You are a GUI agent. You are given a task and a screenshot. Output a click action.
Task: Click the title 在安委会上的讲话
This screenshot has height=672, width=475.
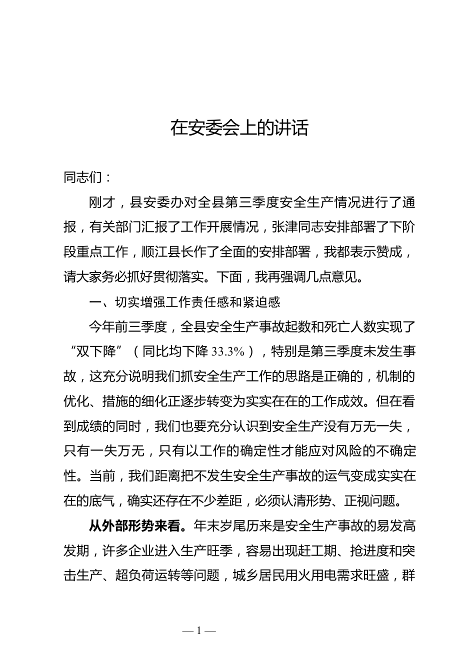[x=239, y=128]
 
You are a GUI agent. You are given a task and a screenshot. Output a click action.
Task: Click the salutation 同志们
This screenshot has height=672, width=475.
[x=83, y=178]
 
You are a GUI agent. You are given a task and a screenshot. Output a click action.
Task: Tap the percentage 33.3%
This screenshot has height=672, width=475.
[x=228, y=352]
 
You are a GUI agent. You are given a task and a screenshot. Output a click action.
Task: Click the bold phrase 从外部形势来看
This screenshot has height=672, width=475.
[x=138, y=526]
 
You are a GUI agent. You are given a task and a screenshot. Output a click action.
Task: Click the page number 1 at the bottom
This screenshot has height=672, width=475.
[x=199, y=631]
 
